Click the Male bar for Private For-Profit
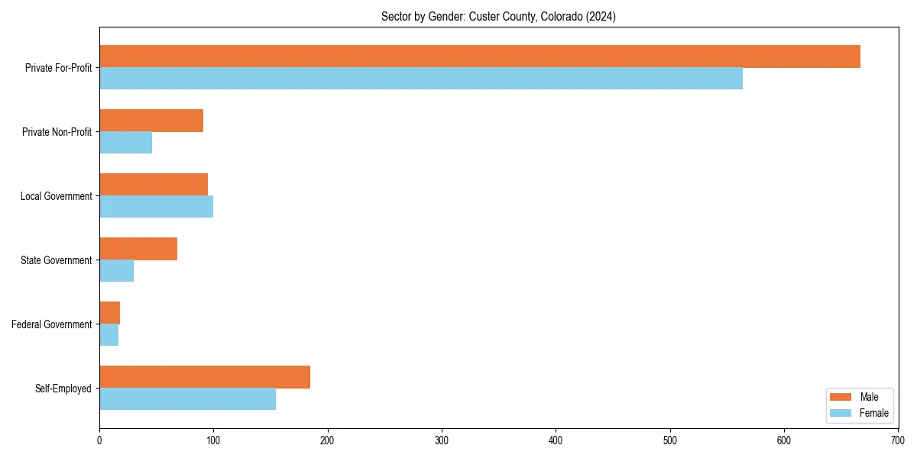click(480, 56)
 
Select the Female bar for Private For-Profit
click(421, 79)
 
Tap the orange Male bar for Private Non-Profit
click(151, 121)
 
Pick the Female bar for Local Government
click(156, 207)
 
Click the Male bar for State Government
click(138, 249)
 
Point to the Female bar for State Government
click(116, 271)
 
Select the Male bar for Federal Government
click(109, 313)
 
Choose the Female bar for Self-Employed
click(187, 399)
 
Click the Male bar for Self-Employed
click(205, 377)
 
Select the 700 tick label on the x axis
click(898, 440)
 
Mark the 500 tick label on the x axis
click(669, 440)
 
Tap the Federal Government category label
click(52, 324)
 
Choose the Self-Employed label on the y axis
click(63, 389)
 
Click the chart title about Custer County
click(498, 17)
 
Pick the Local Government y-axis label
click(57, 196)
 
